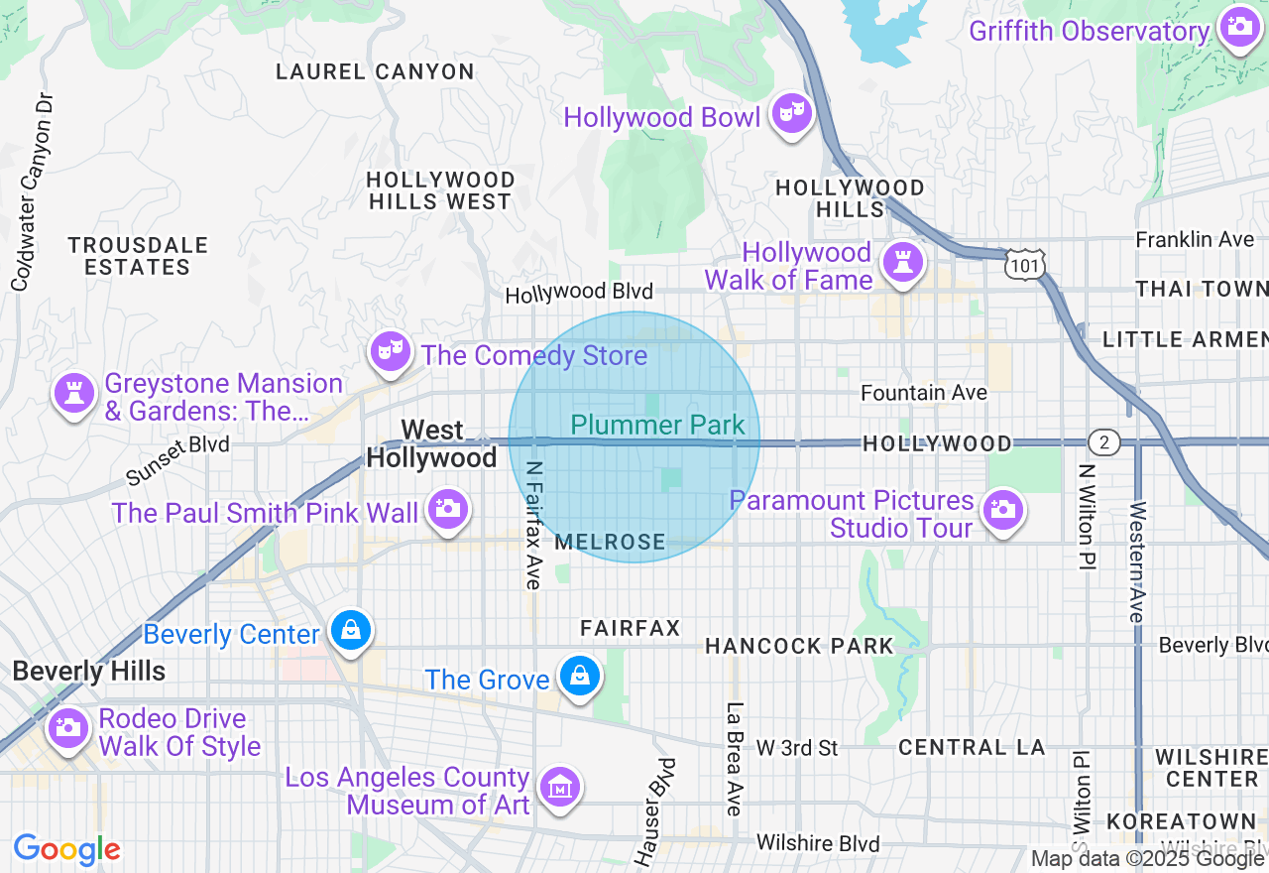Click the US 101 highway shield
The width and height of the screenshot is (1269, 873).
coord(1020,264)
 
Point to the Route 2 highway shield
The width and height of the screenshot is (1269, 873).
coord(1103,442)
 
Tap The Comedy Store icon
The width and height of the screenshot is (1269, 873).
coord(391,350)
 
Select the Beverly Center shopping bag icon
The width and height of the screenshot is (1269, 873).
coord(350,629)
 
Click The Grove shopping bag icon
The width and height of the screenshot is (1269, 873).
coord(580,676)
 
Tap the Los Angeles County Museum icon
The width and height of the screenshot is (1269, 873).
coord(560,788)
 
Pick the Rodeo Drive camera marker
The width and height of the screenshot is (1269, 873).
coord(67,727)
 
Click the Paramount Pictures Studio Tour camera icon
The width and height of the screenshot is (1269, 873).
coord(1002,510)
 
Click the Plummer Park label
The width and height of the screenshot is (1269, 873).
coord(657,426)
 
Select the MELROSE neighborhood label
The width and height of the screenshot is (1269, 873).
coord(610,542)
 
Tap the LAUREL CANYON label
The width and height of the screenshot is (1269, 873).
coord(375,71)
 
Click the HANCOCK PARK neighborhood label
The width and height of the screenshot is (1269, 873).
coord(799,647)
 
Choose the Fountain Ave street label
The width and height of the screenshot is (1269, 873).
coord(923,393)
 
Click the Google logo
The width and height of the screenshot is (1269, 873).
coord(67,849)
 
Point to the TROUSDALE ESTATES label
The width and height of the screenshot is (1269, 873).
coord(138,256)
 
